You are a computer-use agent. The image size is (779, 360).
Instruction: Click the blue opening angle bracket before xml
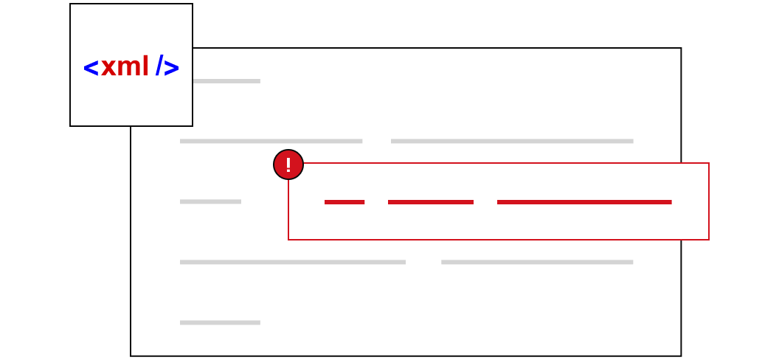(x=91, y=68)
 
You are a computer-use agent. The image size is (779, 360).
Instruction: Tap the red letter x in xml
(x=108, y=68)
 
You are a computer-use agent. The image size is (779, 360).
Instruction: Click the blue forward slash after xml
(x=159, y=65)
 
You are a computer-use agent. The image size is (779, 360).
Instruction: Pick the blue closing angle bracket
(x=171, y=68)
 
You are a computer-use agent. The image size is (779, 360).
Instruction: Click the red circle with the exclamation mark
(x=288, y=165)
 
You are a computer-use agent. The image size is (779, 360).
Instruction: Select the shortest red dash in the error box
(x=345, y=202)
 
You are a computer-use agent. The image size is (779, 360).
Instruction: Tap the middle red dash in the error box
(x=431, y=202)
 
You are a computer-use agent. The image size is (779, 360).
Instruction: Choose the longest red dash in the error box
(x=584, y=202)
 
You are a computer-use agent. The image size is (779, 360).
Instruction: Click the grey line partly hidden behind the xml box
(x=226, y=81)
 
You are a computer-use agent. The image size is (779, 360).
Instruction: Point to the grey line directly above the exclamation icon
(x=271, y=141)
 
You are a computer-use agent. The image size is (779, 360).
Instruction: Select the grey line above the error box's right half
(x=512, y=141)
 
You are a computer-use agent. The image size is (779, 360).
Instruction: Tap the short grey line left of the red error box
(x=211, y=201)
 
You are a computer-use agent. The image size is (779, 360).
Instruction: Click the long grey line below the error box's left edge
(x=293, y=262)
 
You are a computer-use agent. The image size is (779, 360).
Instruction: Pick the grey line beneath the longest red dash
(x=537, y=262)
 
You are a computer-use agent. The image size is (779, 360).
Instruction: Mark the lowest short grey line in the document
(x=220, y=323)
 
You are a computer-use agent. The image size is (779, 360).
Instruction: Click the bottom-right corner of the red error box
(x=708, y=239)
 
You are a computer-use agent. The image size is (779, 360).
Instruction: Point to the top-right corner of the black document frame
(x=681, y=48)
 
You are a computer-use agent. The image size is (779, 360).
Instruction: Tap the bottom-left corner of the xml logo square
(x=70, y=125)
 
